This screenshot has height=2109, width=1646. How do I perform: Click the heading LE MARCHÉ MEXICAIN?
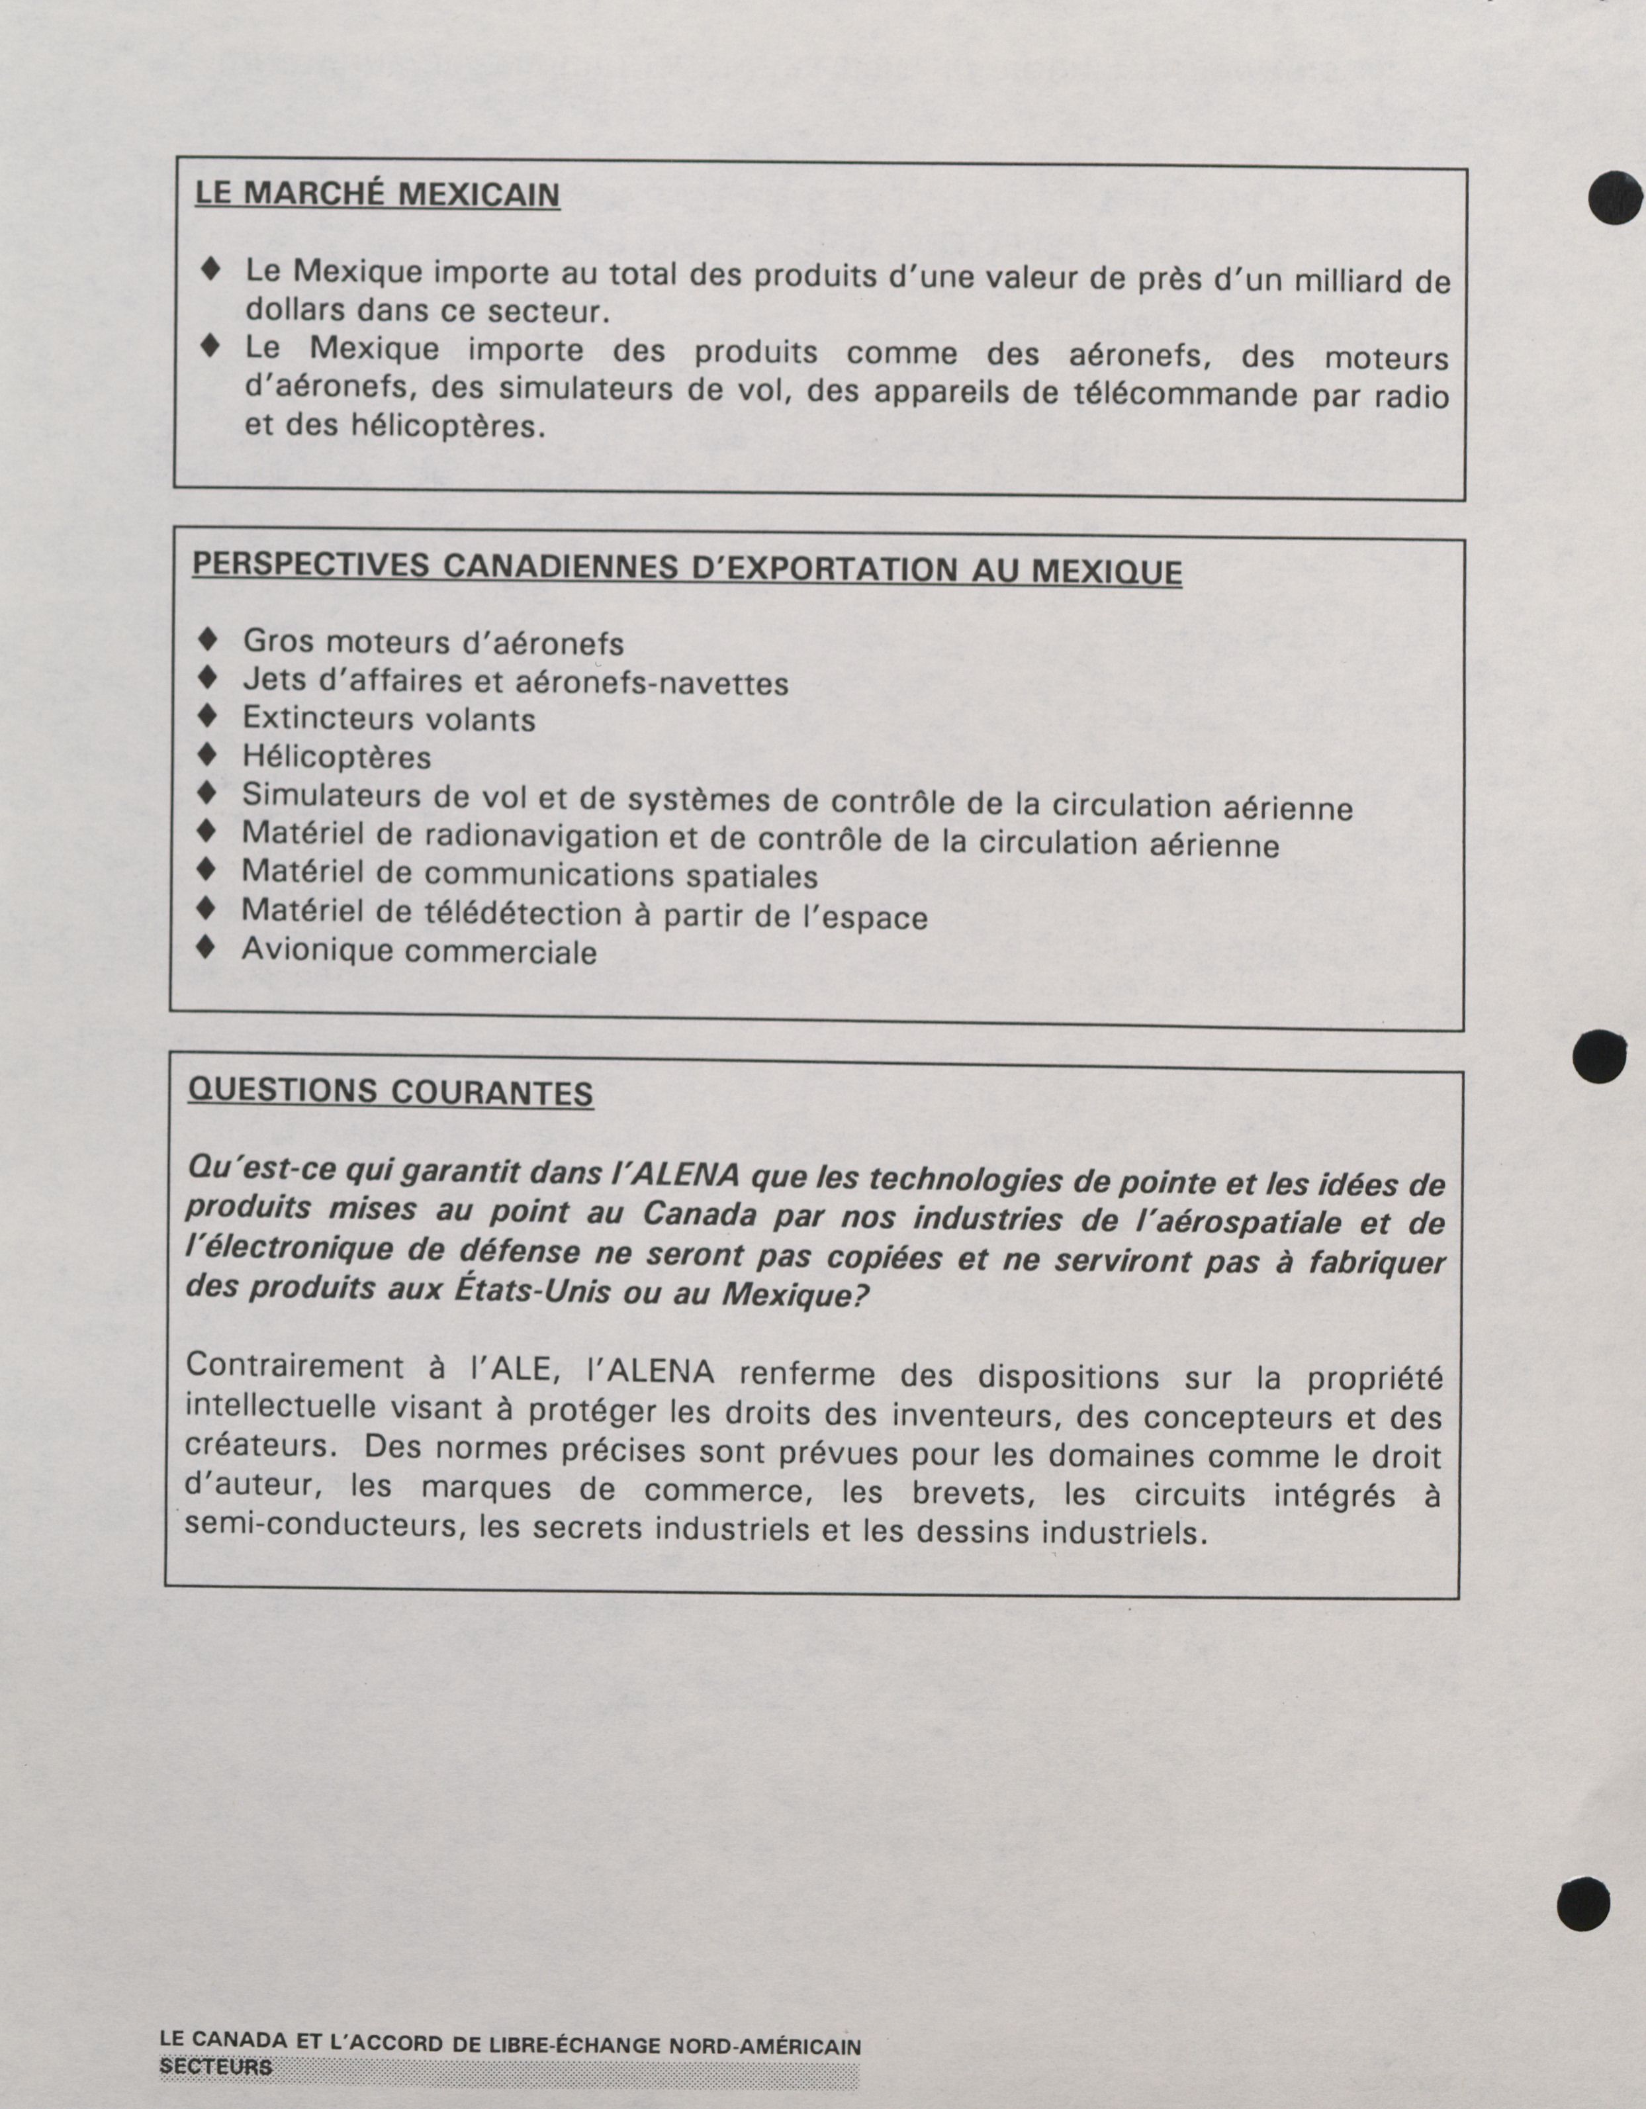click(377, 194)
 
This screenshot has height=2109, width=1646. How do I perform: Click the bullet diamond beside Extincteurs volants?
click(206, 716)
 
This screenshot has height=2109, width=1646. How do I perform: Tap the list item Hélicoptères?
click(336, 756)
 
